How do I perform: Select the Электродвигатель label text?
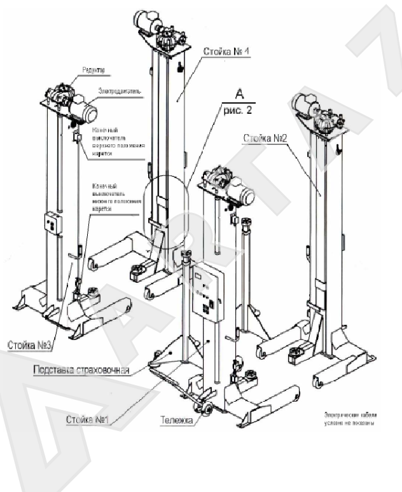pos(120,93)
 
